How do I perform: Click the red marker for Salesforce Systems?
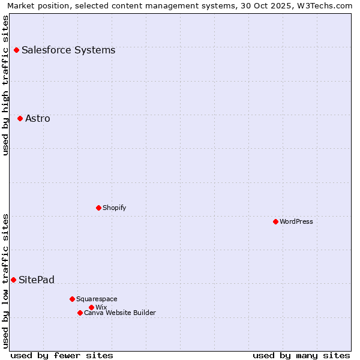point(16,50)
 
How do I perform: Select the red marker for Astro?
point(20,118)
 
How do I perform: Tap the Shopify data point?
point(98,208)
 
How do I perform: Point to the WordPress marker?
point(275,221)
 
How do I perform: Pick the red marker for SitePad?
point(13,280)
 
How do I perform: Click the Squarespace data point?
point(72,299)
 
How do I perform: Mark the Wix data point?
point(91,307)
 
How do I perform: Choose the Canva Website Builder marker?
point(80,313)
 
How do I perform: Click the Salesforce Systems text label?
point(68,50)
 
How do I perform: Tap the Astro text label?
point(38,119)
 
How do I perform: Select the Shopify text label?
point(114,208)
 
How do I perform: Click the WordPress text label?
point(296,221)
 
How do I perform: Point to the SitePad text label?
point(37,280)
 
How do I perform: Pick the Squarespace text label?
point(97,299)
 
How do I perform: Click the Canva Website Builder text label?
point(120,313)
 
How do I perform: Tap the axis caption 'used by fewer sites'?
point(62,355)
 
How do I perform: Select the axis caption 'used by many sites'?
point(301,355)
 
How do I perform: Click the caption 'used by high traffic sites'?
point(6,85)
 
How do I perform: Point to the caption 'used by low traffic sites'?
point(6,280)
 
